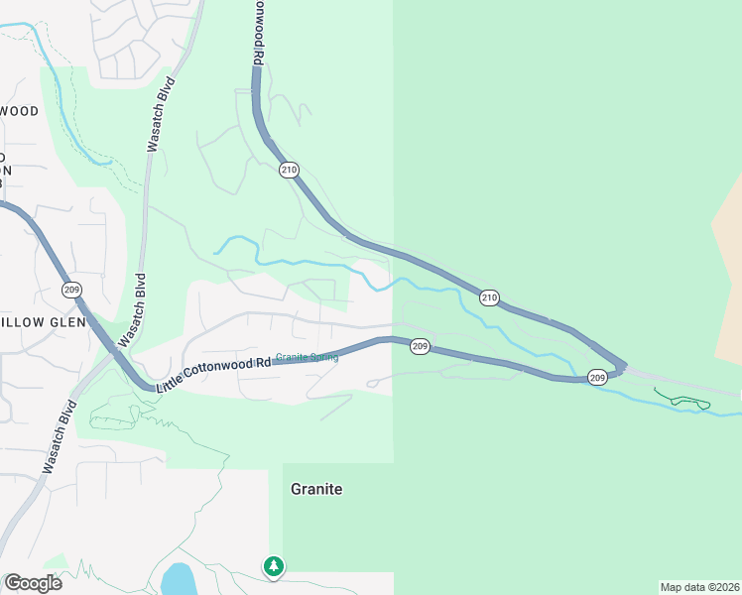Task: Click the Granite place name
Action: tap(316, 489)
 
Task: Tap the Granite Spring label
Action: tap(307, 357)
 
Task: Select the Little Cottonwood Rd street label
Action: tap(213, 372)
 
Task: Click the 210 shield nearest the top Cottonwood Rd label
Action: tap(289, 170)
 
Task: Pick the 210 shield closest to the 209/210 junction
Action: tap(489, 297)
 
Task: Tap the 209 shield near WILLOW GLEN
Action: tap(70, 290)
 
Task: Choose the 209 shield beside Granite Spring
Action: tap(420, 346)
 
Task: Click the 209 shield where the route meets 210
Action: tap(596, 377)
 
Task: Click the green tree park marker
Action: tap(274, 566)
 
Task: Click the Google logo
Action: tap(33, 583)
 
